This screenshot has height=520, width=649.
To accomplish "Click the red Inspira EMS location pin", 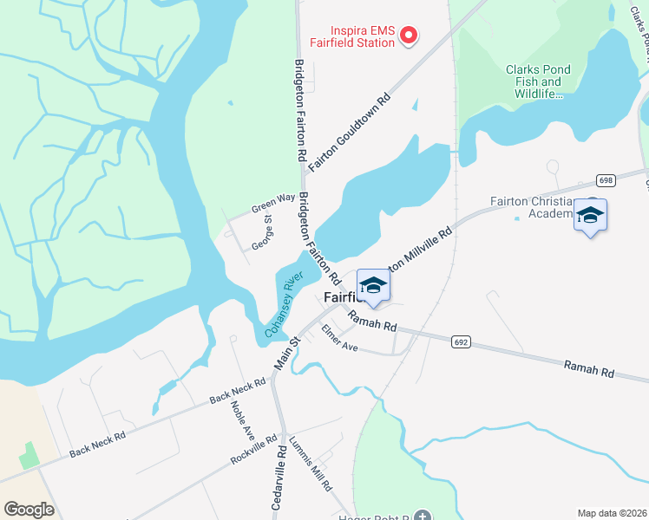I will (407, 35).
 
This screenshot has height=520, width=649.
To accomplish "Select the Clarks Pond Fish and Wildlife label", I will (534, 81).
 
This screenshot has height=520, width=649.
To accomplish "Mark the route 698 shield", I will (606, 179).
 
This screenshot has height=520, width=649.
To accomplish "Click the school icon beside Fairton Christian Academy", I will (590, 215).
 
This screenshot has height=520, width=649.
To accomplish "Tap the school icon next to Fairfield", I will (373, 285).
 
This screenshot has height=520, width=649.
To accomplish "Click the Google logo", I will (29, 509).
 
